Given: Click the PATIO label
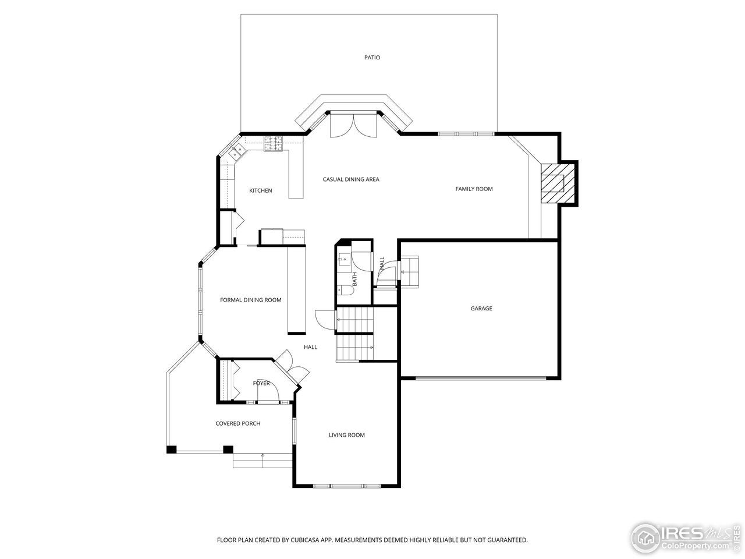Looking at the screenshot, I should (372, 58).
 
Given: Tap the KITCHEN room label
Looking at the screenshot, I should (260, 191).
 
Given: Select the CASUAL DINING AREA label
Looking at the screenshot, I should (351, 179).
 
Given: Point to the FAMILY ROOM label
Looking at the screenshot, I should (474, 189).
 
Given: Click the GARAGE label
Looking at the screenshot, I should (481, 309).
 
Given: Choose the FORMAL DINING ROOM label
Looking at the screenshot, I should (250, 300).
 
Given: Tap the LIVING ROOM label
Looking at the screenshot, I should (346, 435).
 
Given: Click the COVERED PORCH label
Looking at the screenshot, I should (237, 423).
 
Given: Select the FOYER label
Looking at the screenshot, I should (261, 383).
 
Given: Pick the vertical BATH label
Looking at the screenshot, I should (354, 279).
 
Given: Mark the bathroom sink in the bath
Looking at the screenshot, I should (342, 259).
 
